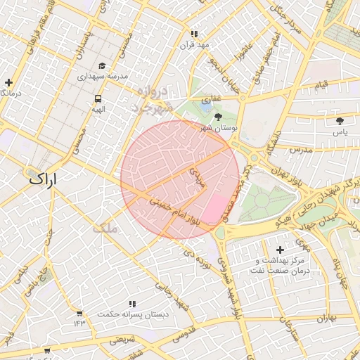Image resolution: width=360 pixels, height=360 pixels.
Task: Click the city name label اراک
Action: click(46, 179)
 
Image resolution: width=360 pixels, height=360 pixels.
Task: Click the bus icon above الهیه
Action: click(98, 99)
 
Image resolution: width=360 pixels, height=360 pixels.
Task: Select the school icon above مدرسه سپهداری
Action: click(102, 65)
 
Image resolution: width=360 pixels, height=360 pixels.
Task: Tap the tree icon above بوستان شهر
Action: click(218, 117)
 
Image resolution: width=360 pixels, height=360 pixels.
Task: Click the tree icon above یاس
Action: click(340, 121)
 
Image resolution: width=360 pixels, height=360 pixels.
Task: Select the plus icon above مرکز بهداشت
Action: click(281, 250)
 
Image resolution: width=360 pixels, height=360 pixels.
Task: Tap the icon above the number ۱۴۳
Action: click(79, 313)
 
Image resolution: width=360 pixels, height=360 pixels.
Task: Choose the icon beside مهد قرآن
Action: click(195, 34)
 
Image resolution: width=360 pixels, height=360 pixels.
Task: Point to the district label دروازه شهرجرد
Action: click(152, 98)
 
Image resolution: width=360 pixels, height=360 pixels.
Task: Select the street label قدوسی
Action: click(189, 335)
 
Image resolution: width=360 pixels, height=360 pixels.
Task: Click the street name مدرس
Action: click(299, 150)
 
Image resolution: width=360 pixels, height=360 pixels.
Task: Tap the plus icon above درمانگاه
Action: click(8, 82)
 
